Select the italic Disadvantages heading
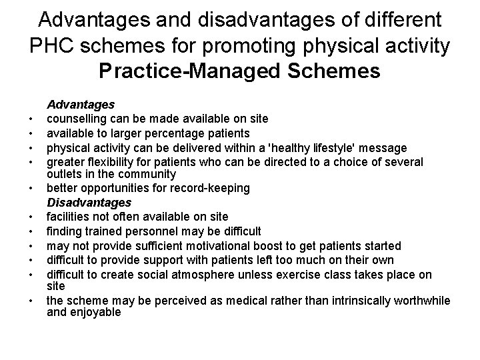(x=88, y=202)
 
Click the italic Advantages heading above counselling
(x=80, y=105)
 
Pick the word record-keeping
(x=213, y=188)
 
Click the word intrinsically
(x=333, y=301)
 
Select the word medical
(x=232, y=301)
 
